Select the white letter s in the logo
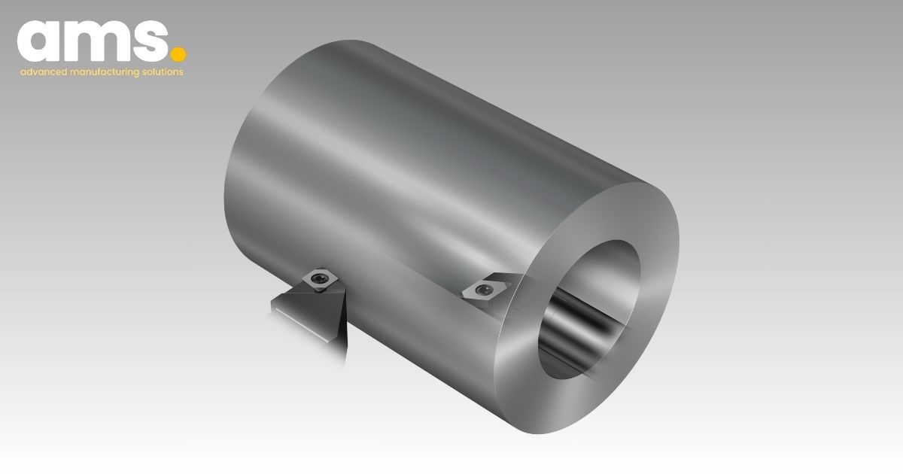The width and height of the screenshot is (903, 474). coord(151,41)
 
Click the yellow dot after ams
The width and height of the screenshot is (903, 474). coord(178,54)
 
